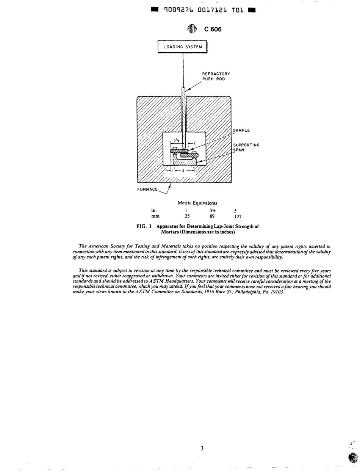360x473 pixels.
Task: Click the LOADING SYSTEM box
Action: [182, 47]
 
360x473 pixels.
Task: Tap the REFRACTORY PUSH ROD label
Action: [216, 76]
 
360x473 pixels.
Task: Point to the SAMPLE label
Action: [241, 130]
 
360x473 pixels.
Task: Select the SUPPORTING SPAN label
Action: [246, 147]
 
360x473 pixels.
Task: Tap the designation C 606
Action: [213, 30]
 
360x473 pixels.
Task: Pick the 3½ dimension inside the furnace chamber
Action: [176, 140]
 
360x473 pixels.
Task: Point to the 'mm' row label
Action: [155, 216]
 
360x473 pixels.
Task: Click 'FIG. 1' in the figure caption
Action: [144, 227]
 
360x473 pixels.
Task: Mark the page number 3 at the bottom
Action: [202, 448]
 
